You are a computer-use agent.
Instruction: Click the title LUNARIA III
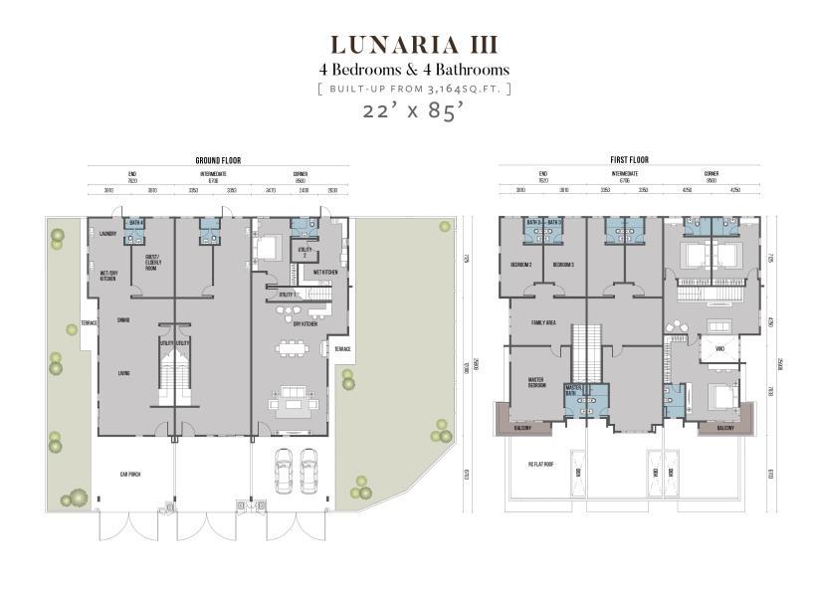point(413,46)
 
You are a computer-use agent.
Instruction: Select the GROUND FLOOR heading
point(218,160)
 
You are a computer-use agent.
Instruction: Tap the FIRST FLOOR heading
point(629,160)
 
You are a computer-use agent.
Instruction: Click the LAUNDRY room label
point(108,235)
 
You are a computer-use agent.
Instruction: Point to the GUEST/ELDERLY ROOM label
point(153,265)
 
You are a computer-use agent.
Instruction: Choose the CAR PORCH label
point(130,475)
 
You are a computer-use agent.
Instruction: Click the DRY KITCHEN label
point(305,323)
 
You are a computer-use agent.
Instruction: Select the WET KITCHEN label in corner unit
point(325,272)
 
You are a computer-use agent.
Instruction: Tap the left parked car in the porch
point(285,471)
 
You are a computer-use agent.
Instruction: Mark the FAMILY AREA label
point(543,322)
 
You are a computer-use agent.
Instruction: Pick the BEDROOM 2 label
point(521,265)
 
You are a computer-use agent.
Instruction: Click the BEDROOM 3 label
point(563,265)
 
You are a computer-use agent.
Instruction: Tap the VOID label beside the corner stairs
point(718,349)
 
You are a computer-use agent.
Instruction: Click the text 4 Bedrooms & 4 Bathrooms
point(413,70)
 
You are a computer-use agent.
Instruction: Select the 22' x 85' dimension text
point(413,111)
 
